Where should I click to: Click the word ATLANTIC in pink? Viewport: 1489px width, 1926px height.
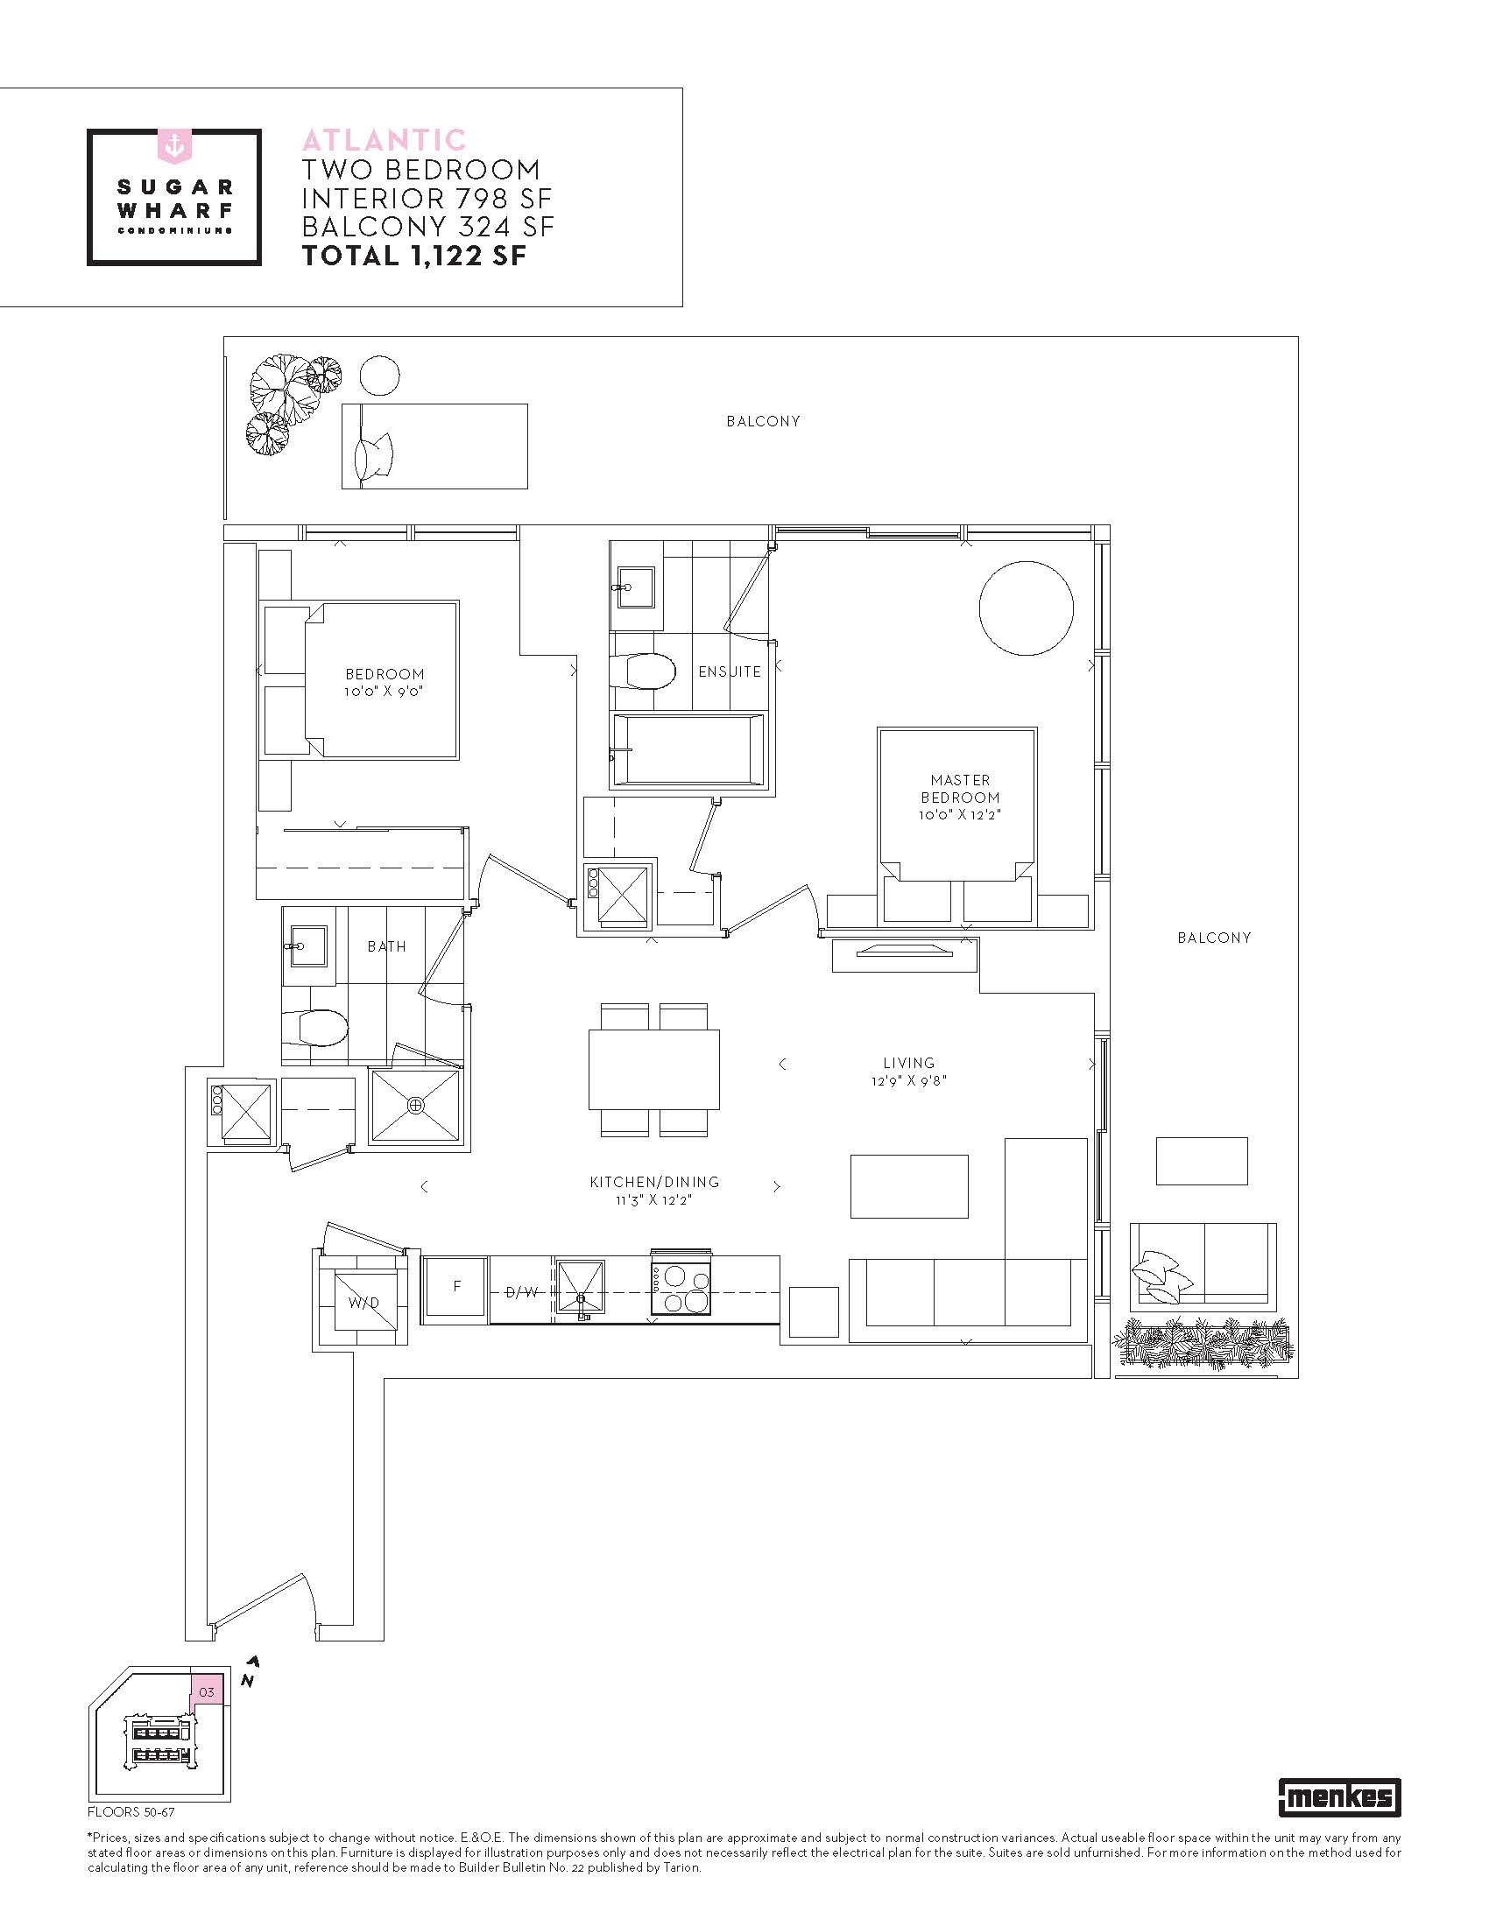pyautogui.click(x=384, y=140)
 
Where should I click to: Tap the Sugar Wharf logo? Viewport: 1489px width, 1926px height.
pyautogui.click(x=173, y=197)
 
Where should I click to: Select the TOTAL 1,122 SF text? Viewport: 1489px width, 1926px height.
pyautogui.click(x=413, y=256)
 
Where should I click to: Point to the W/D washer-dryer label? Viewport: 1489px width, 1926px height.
pyautogui.click(x=363, y=1303)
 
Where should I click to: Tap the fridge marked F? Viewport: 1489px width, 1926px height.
pyautogui.click(x=455, y=1290)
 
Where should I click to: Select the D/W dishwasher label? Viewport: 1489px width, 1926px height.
pyautogui.click(x=522, y=1293)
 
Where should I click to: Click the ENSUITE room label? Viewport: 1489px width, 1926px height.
pyautogui.click(x=730, y=672)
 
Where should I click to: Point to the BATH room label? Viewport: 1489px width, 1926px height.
pyautogui.click(x=387, y=946)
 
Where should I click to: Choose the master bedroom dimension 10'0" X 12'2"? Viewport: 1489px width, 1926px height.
pyautogui.click(x=960, y=816)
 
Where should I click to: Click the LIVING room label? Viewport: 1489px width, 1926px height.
pyautogui.click(x=908, y=1063)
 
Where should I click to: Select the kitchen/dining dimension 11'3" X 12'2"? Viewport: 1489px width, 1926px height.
pyautogui.click(x=654, y=1200)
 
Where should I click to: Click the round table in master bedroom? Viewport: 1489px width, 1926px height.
pyautogui.click(x=1026, y=608)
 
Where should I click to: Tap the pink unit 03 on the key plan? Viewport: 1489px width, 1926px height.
pyautogui.click(x=207, y=1692)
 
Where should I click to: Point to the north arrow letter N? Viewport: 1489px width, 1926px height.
pyautogui.click(x=248, y=1682)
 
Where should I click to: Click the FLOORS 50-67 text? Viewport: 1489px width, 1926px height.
pyautogui.click(x=131, y=1812)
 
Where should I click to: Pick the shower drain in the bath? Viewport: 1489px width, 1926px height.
pyautogui.click(x=415, y=1105)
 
